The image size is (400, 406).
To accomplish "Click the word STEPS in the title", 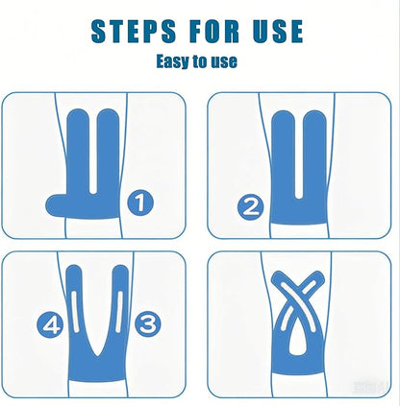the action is (134, 31).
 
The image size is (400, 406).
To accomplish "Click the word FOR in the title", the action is (214, 31).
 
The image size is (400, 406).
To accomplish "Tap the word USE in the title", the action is (278, 31).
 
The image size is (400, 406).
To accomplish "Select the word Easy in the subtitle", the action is (173, 60).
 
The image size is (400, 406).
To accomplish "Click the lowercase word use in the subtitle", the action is (224, 61).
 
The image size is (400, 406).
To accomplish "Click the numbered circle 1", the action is (140, 203).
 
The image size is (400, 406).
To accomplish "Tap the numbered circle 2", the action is (250, 207).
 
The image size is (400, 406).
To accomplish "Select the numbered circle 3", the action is (148, 324).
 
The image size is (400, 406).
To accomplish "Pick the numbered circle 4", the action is (50, 324).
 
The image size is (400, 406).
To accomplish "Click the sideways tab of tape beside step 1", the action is (58, 205).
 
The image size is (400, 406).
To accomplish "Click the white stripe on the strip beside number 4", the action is (75, 311).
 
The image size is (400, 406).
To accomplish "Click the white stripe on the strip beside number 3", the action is (119, 311).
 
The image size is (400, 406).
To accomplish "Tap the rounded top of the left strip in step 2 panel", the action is (284, 117).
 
